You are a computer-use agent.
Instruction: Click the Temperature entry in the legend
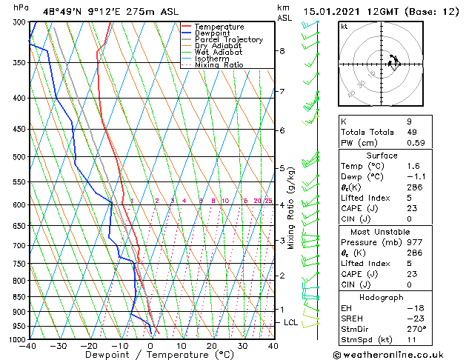tap(218, 27)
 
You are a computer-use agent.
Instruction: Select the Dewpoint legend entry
tap(213, 33)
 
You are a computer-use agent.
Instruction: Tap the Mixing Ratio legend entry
tap(219, 65)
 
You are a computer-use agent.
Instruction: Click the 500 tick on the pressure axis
tap(19, 157)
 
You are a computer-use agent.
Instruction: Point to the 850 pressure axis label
tap(19, 297)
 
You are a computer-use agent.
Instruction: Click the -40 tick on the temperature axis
tap(29, 346)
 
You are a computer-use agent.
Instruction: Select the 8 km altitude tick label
tap(282, 51)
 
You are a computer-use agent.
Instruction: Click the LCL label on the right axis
tap(290, 323)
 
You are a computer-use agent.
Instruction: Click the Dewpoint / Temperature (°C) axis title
tap(150, 355)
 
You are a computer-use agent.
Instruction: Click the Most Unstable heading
tap(382, 231)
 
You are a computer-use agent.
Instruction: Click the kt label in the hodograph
tap(344, 27)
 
